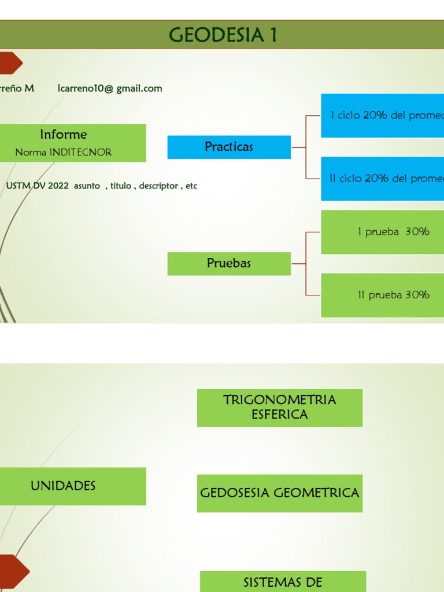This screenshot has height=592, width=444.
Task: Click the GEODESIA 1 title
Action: tap(223, 35)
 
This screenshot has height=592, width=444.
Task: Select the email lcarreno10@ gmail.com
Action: tap(110, 88)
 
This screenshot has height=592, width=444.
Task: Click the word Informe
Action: tap(64, 135)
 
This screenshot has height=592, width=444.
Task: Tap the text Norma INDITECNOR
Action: tap(64, 152)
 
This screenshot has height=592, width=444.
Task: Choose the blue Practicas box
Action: tap(229, 147)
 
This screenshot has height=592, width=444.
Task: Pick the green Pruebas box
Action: tap(229, 264)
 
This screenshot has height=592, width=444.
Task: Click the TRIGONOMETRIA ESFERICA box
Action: tap(280, 408)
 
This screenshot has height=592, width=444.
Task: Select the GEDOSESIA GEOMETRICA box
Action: tap(280, 493)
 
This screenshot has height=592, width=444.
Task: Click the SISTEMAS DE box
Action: tap(283, 582)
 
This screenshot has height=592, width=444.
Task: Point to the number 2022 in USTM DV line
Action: tap(59, 186)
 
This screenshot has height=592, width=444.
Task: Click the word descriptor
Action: tap(158, 186)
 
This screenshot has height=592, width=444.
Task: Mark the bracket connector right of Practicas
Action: tap(305, 147)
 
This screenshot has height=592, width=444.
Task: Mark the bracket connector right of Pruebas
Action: tap(305, 264)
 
